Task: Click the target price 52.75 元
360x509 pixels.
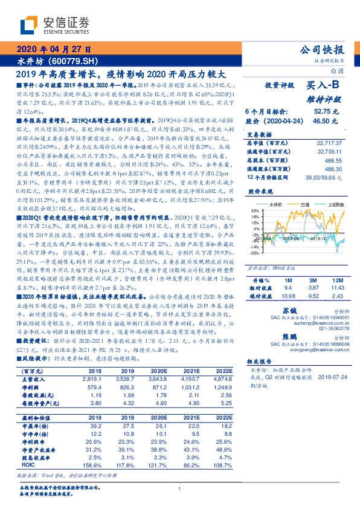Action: pyautogui.click(x=326, y=112)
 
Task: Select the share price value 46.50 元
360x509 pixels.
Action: pyautogui.click(x=326, y=122)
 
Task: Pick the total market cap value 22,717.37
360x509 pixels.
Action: pyautogui.click(x=332, y=143)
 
